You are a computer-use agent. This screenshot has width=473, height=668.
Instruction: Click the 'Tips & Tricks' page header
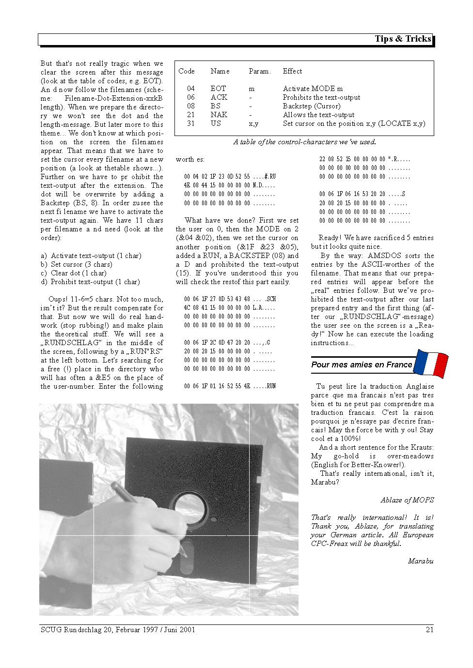pos(402,39)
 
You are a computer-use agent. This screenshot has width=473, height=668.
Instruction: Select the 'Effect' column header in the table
pos(292,71)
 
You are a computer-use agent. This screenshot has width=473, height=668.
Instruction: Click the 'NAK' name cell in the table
pos(219,115)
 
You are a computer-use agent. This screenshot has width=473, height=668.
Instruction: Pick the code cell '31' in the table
pos(191,123)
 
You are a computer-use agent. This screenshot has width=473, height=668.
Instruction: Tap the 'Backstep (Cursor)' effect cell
pos(312,106)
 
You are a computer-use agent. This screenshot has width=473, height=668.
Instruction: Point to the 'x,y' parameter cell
pos(253,123)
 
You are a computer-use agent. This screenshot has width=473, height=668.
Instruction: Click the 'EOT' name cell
pos(218,89)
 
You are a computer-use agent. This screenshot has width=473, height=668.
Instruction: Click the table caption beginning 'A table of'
pos(304,142)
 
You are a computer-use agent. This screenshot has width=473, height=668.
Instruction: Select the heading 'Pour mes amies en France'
pos(362,364)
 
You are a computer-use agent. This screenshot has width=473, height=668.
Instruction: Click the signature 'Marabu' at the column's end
pos(420,561)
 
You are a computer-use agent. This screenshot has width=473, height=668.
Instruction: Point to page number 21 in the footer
pos(429,630)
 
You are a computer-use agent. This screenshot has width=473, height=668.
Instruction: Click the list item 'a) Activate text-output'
pos(91,256)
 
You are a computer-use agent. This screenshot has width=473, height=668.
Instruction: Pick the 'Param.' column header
pos(259,71)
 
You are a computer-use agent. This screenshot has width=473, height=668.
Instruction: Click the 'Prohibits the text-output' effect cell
pos(321,97)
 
